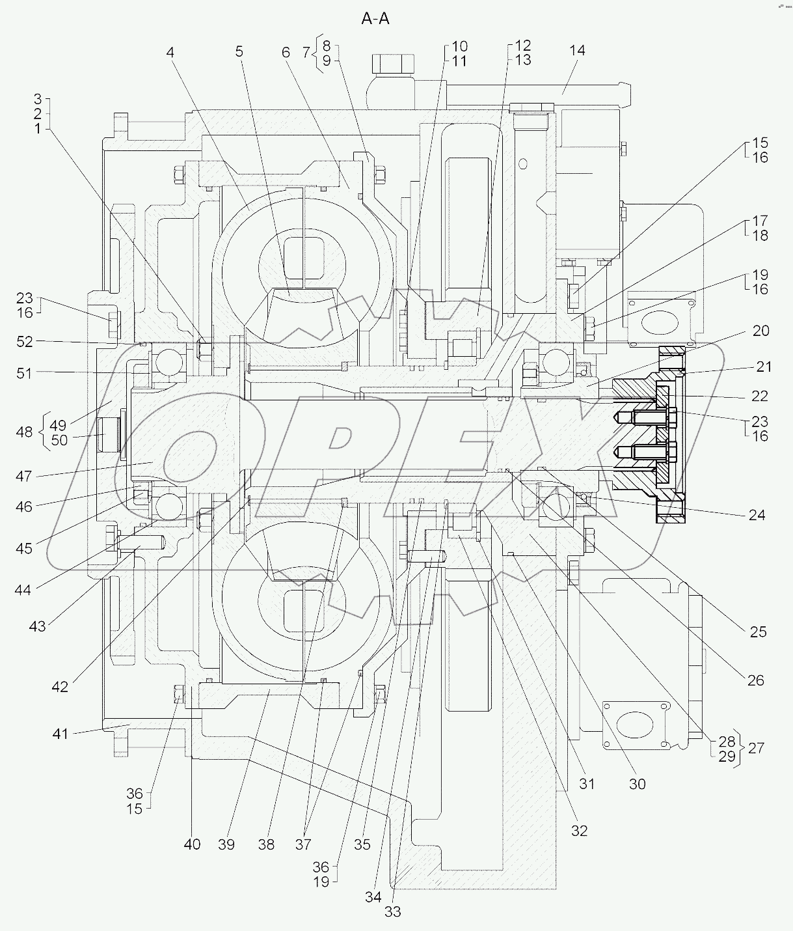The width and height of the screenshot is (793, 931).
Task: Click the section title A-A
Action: point(375,20)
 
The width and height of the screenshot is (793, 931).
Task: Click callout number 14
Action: point(577,51)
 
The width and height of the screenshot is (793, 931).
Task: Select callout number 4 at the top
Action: point(170,52)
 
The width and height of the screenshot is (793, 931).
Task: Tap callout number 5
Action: point(239,51)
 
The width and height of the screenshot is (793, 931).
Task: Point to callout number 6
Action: point(286,53)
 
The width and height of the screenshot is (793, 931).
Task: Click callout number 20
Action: point(760,331)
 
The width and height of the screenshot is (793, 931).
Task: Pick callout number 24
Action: point(757,515)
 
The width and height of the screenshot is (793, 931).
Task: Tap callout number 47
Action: point(24,477)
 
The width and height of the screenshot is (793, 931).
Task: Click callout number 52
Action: point(25,341)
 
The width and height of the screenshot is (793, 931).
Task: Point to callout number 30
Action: point(638,784)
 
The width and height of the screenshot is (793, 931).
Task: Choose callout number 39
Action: point(226,844)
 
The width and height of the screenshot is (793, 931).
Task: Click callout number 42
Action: point(60,687)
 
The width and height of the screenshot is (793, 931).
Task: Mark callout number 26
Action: point(755,680)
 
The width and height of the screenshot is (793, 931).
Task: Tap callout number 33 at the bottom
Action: point(393,912)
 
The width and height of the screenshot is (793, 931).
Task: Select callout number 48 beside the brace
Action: point(24,432)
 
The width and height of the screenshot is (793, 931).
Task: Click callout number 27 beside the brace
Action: point(756,748)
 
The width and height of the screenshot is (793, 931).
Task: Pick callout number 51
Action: point(24,373)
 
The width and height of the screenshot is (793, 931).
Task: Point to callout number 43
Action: point(37,626)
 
